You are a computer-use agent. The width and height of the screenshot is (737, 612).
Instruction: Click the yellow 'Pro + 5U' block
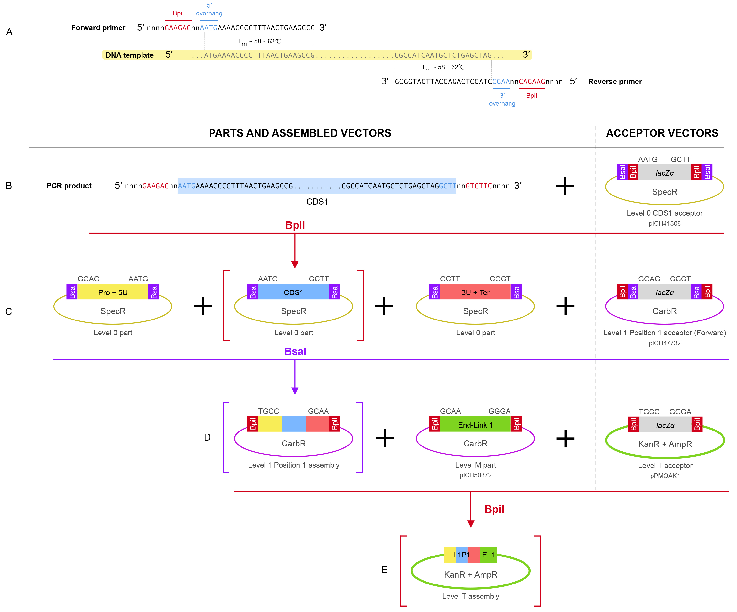point(113,292)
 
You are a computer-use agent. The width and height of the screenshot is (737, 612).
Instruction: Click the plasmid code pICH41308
point(664,223)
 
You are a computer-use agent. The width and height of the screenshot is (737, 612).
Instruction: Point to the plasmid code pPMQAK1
point(665,476)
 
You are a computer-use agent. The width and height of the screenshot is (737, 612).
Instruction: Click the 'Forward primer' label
point(98,28)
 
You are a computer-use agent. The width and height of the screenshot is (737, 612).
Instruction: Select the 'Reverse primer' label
point(615,82)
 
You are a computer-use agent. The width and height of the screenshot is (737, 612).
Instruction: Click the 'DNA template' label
point(129,55)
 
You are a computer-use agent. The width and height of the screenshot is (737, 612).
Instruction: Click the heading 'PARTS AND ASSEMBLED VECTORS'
point(300,133)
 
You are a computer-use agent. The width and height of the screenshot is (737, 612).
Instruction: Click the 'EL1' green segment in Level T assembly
point(488,555)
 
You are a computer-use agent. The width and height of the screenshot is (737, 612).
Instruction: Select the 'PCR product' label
point(69,186)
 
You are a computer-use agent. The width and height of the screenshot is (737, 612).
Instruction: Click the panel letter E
point(384,570)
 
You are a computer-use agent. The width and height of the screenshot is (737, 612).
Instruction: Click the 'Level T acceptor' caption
point(665,465)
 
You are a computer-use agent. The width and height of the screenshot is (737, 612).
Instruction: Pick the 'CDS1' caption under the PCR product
point(317,202)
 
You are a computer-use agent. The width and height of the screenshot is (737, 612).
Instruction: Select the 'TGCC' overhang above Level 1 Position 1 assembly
point(269,411)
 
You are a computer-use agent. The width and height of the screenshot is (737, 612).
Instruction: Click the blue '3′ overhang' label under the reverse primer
point(502,99)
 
